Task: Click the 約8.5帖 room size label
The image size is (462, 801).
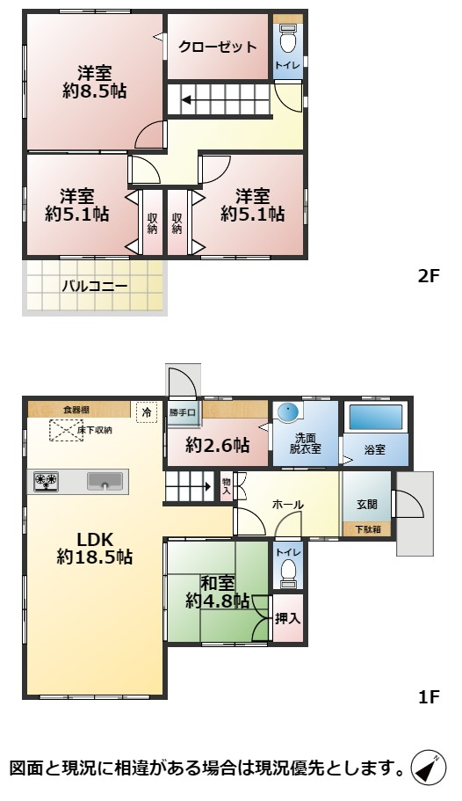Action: pos(93,91)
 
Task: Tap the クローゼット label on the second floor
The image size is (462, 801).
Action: pos(218,47)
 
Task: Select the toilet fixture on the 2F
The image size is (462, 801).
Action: pos(287,40)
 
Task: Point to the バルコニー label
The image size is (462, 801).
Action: pos(95,286)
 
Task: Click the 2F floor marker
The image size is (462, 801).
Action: pos(428,275)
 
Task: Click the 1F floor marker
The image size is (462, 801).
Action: pos(428,697)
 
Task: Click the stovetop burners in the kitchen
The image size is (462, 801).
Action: pos(46,481)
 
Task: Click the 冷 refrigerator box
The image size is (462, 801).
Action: pos(146,411)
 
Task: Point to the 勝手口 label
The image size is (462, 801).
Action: pos(184,411)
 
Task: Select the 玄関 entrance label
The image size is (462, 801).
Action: pos(367,504)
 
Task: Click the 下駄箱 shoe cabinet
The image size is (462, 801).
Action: pos(367,529)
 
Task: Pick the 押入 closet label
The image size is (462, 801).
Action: pos(287,618)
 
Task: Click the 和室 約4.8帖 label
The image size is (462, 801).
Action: pos(217,592)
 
